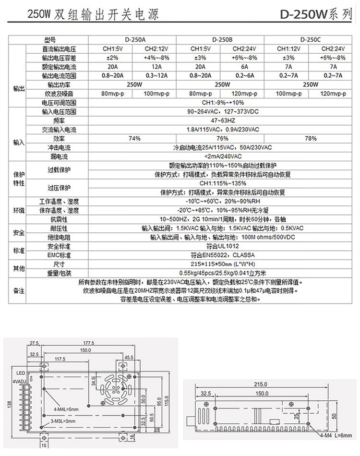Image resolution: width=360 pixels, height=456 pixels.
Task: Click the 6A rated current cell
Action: (x=244, y=67)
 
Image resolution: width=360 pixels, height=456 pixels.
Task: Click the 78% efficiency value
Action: (x=311, y=139)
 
